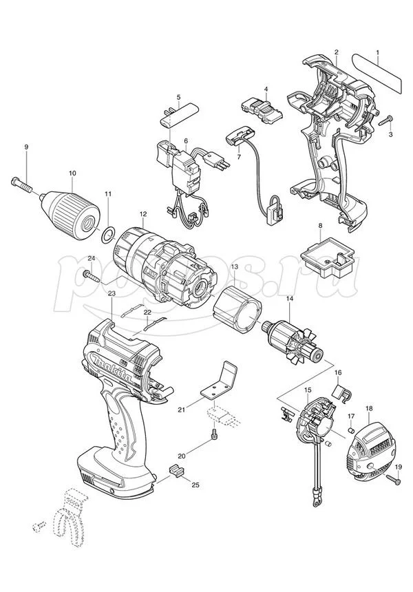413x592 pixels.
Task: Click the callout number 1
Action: pyautogui.click(x=377, y=53)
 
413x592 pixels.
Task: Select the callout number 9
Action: pyautogui.click(x=26, y=148)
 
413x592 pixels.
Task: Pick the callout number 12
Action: pyautogui.click(x=143, y=215)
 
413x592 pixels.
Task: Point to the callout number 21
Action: pyautogui.click(x=181, y=410)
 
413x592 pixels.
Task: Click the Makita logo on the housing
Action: pyautogui.click(x=113, y=366)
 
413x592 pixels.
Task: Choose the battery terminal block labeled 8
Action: pyautogui.click(x=327, y=260)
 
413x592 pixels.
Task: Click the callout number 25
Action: pyautogui.click(x=195, y=485)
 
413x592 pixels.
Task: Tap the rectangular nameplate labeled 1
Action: pyautogui.click(x=377, y=71)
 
